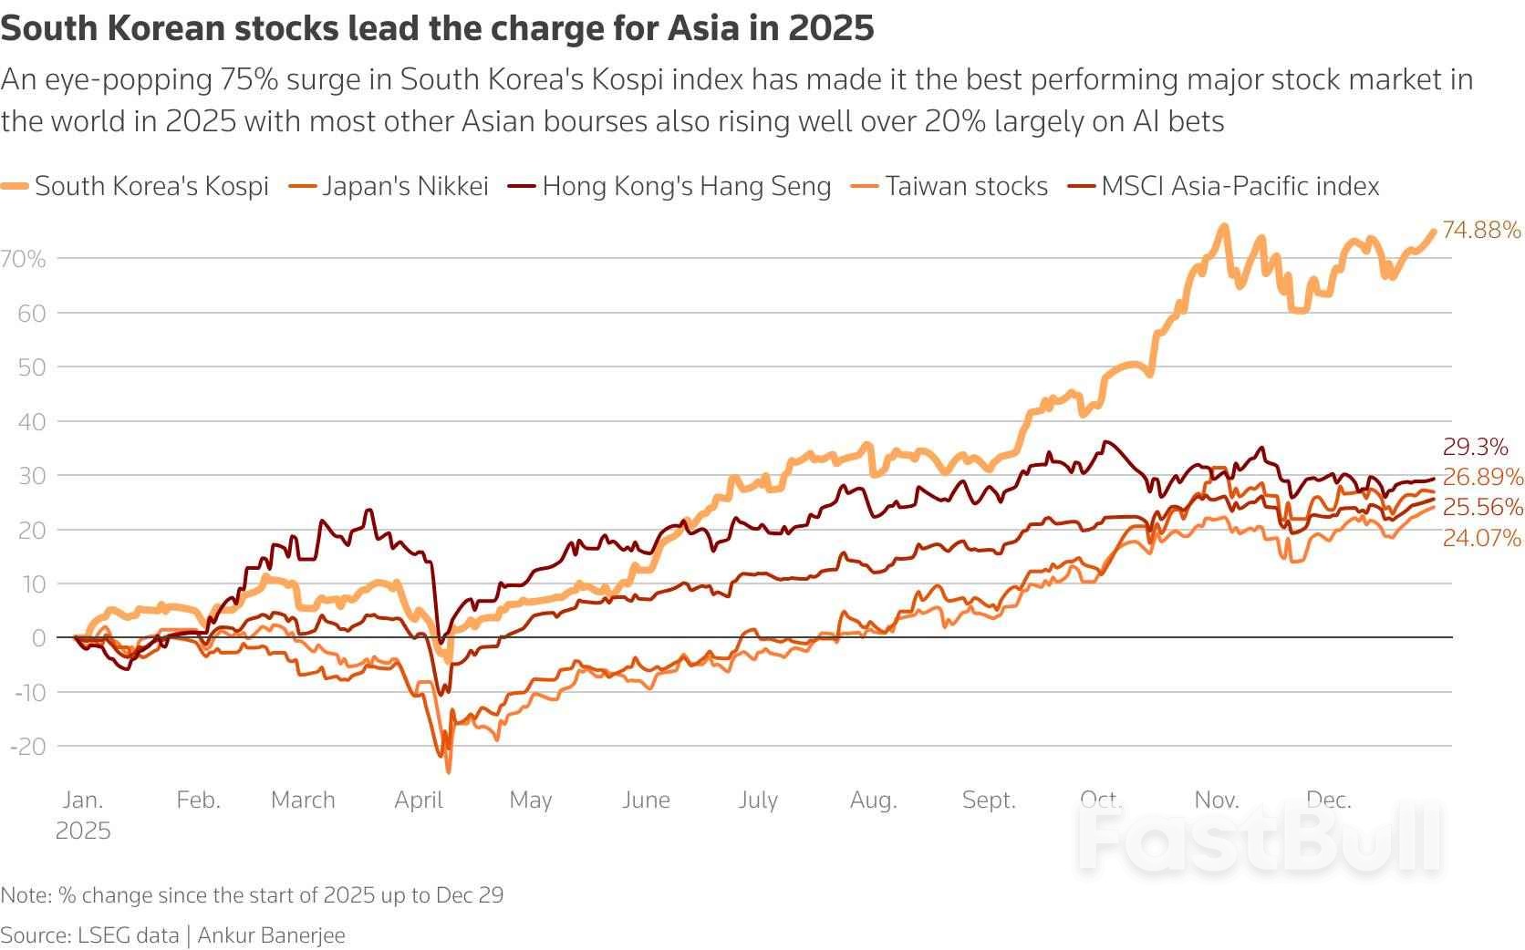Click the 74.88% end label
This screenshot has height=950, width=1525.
pos(1481,230)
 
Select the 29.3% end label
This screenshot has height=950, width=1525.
pos(1475,447)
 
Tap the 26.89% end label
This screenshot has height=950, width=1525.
pos(1482,477)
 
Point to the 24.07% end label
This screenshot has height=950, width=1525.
pos(1481,539)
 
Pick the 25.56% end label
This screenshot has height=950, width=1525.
pos(1482,507)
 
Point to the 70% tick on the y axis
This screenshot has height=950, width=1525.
pos(24,259)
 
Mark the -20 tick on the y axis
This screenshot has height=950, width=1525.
pos(27,747)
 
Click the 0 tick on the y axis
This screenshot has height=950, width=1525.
pos(38,638)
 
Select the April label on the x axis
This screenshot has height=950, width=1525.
pos(419,800)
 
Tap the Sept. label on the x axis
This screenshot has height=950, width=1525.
pos(989,800)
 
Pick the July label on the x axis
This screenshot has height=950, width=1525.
pos(758,800)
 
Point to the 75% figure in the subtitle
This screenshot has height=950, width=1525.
pos(248,80)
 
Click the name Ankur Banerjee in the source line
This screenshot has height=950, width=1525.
pos(271,935)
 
